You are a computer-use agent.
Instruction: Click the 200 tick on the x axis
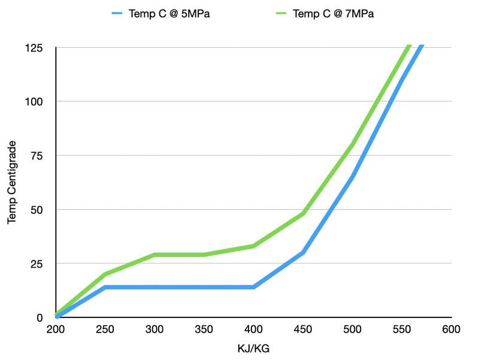tap(56, 329)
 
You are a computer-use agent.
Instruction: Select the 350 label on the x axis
tap(204, 329)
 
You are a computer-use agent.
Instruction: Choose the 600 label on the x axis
tap(451, 329)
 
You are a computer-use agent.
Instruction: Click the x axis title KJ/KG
tap(253, 347)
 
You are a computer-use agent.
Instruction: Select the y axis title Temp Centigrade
tap(12, 183)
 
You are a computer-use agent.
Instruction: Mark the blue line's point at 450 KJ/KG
tap(303, 253)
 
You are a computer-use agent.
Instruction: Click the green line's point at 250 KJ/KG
tap(105, 274)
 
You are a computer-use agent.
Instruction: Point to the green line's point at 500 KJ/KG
tap(352, 144)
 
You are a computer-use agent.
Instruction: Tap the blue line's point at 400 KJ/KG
tap(254, 287)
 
